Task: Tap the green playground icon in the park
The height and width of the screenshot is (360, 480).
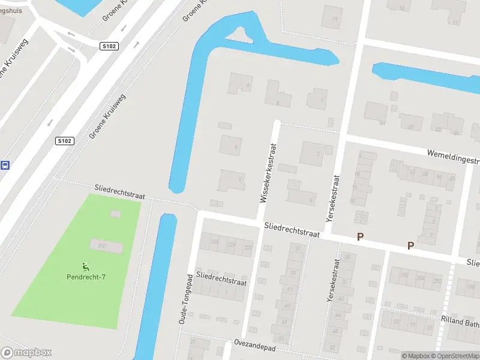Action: [x=86, y=266]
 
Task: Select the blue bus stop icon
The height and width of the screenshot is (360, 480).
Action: [x=5, y=165]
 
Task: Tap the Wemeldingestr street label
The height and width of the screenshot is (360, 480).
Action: [x=454, y=157]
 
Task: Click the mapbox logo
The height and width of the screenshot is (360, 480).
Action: [x=26, y=353]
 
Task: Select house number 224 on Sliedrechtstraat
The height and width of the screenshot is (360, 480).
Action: [x=232, y=245]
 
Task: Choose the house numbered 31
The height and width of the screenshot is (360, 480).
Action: [x=296, y=248]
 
